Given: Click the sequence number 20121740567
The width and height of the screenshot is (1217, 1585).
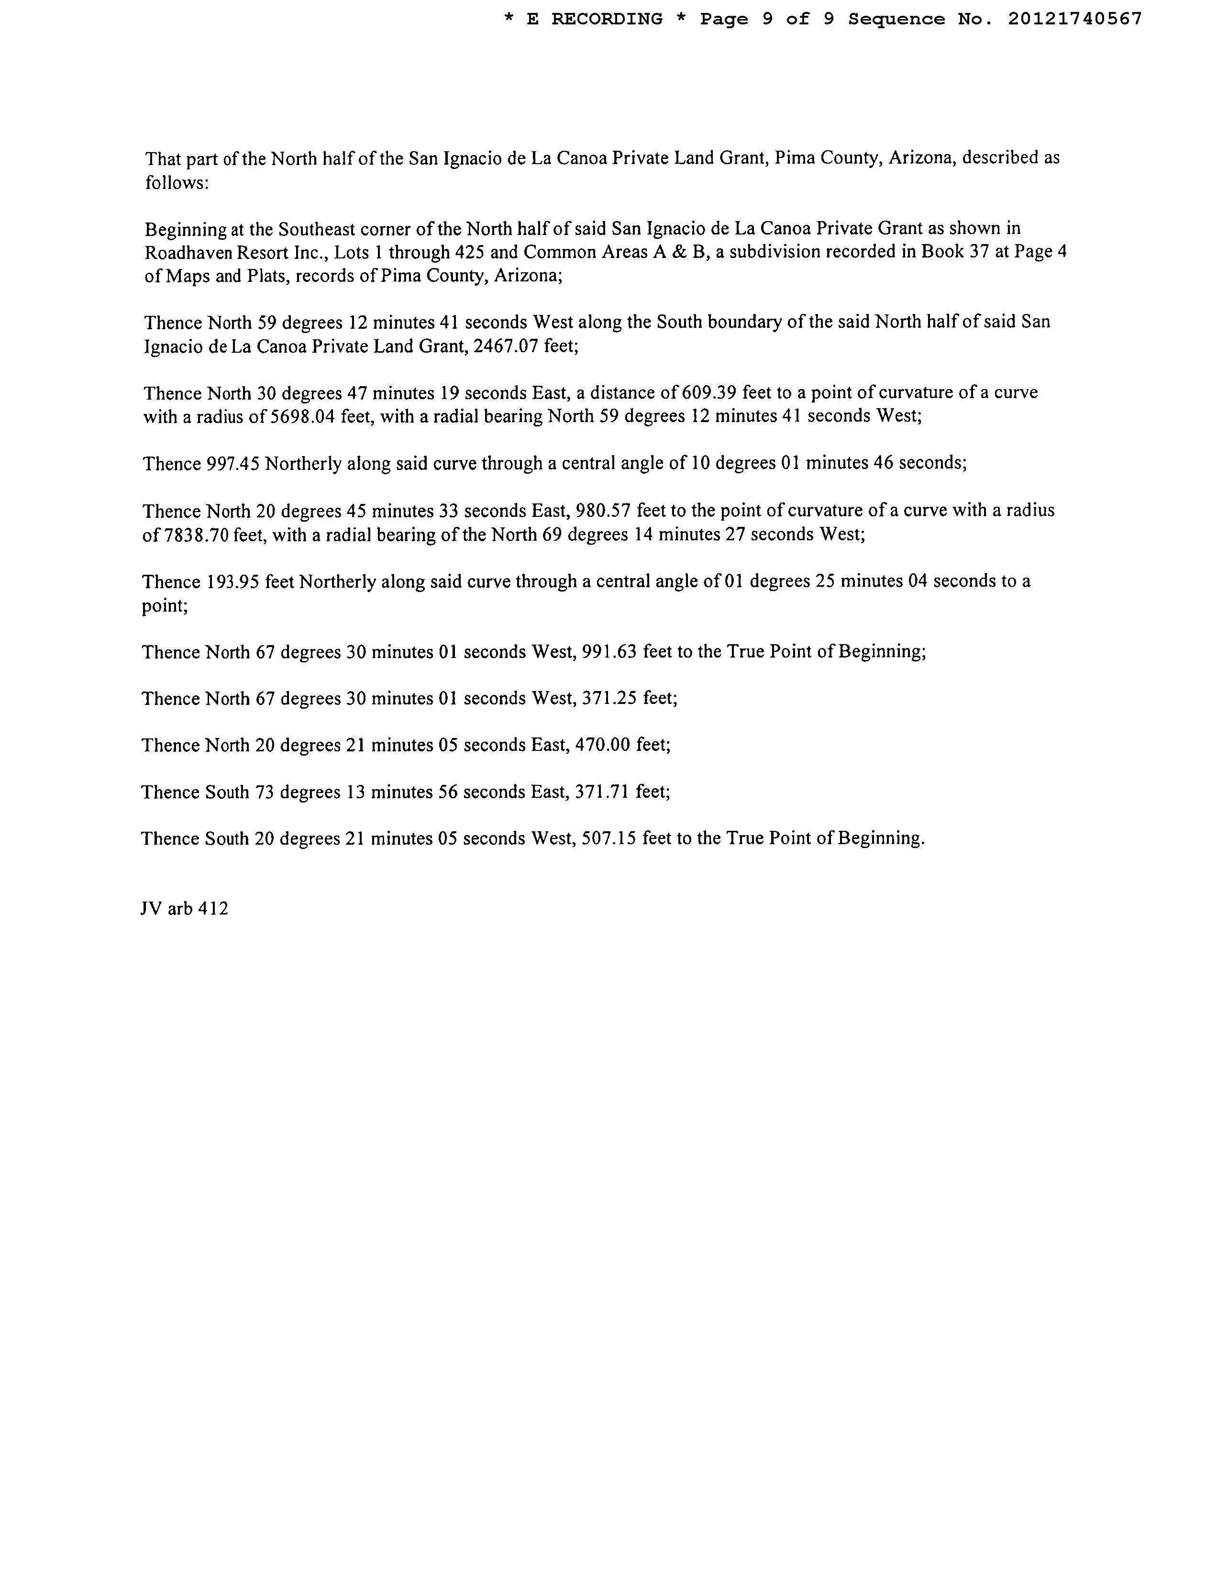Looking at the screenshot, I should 1074,19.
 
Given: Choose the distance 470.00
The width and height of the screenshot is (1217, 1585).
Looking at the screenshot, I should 601,745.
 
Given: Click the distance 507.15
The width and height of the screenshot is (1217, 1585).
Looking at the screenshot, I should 609,838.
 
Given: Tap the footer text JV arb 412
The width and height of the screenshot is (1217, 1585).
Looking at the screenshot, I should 184,909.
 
